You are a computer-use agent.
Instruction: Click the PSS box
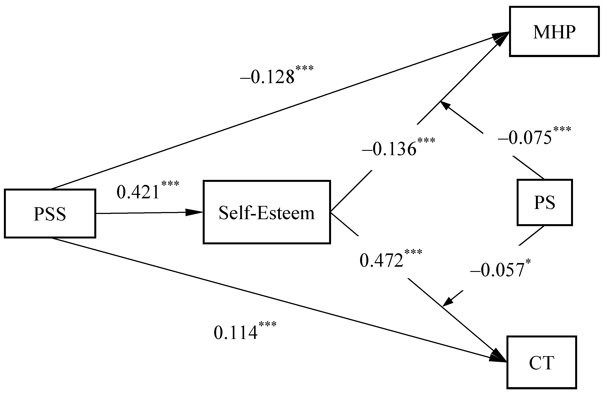[x=50, y=213]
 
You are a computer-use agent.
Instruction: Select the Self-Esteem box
[x=267, y=212]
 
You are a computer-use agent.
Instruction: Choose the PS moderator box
[x=545, y=202]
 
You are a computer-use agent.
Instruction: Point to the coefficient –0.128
[x=268, y=77]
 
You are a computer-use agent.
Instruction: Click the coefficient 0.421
[x=138, y=192]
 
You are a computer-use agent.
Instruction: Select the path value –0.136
[x=389, y=149]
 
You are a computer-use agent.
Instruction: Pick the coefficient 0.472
[x=381, y=260]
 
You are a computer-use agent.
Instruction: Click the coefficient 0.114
[x=235, y=333]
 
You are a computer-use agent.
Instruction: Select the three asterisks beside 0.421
[x=170, y=183]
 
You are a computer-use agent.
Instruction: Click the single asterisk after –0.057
[x=528, y=261]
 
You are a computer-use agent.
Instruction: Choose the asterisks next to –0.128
[x=305, y=68]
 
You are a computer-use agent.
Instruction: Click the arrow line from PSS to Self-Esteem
[x=142, y=213]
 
